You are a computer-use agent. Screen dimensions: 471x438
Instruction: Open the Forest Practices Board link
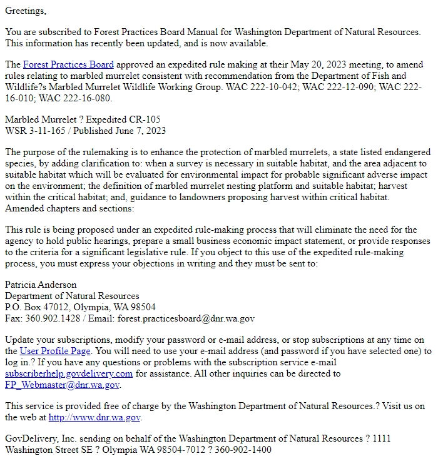coord(68,64)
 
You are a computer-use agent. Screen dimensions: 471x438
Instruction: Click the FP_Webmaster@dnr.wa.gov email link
coord(61,385)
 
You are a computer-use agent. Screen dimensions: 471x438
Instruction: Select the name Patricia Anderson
coord(41,285)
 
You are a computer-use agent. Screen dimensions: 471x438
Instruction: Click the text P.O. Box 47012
coord(36,307)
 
